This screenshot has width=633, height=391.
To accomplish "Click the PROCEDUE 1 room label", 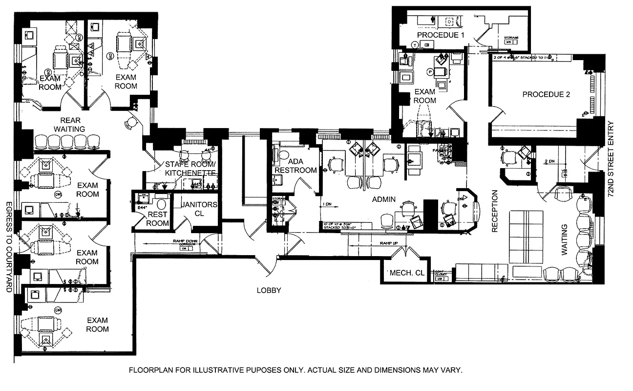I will pos(441,35).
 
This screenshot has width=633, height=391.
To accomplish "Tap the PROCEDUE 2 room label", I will pos(546,94).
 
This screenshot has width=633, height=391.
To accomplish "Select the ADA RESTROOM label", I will pos(295,166).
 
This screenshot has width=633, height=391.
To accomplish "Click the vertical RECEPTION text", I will pos(494,211).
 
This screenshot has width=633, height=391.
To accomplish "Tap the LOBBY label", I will pos(269,290).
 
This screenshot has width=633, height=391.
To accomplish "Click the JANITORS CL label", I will pos(198,209).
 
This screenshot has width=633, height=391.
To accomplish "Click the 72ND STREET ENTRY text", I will pos(610,159).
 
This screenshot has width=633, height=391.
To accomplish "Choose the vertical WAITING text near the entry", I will pos(565,239).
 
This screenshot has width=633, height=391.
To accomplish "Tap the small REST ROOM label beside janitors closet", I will pos(157,218).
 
